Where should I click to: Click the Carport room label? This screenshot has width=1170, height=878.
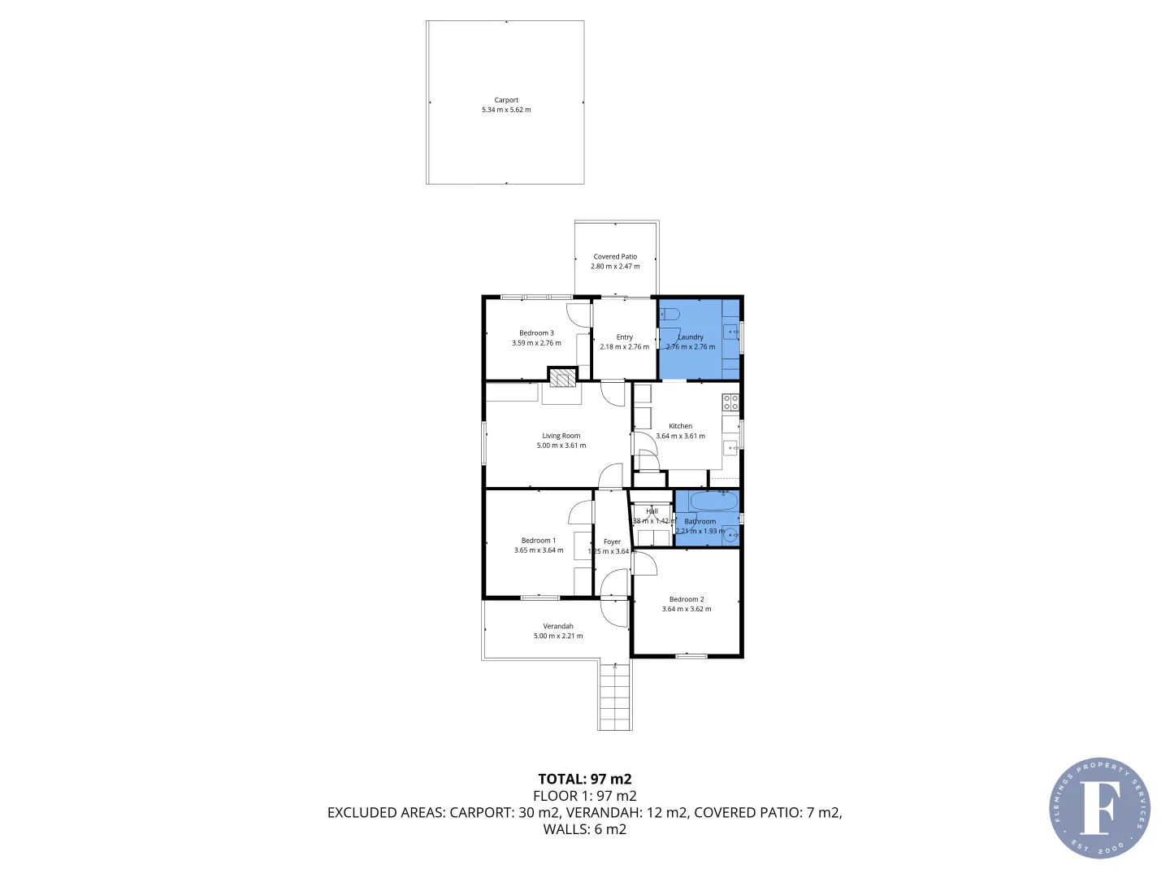pyautogui.click(x=506, y=100)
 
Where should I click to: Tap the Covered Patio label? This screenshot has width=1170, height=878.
pyautogui.click(x=615, y=256)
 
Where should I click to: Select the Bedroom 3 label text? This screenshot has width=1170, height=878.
pyautogui.click(x=536, y=333)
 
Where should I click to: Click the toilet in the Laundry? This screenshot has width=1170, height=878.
pyautogui.click(x=669, y=313)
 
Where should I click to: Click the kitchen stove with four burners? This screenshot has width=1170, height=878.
pyautogui.click(x=730, y=402)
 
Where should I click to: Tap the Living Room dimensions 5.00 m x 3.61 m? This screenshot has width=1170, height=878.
pyautogui.click(x=561, y=446)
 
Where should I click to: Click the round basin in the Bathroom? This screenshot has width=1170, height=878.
pyautogui.click(x=730, y=534)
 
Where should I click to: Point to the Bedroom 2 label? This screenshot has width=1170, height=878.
pyautogui.click(x=687, y=599)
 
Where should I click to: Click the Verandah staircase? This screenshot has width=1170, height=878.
pyautogui.click(x=615, y=697)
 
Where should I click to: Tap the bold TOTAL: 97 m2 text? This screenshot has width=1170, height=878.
pyautogui.click(x=584, y=779)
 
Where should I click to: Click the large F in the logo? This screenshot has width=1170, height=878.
pyautogui.click(x=1098, y=807)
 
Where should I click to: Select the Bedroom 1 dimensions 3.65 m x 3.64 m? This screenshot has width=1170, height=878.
pyautogui.click(x=538, y=550)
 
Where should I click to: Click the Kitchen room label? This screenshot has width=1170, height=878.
pyautogui.click(x=680, y=426)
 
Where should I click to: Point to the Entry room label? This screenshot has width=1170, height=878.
pyautogui.click(x=624, y=337)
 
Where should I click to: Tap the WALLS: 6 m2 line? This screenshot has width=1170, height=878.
pyautogui.click(x=584, y=829)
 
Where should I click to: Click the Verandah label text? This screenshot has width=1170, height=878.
pyautogui.click(x=558, y=626)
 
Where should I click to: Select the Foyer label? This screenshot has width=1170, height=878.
pyautogui.click(x=612, y=541)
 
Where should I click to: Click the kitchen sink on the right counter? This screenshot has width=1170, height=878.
pyautogui.click(x=730, y=447)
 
